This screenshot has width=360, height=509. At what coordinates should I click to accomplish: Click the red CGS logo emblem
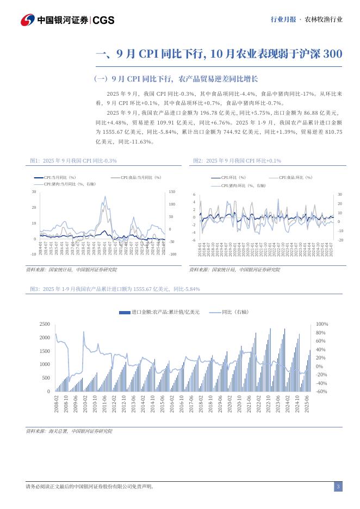[x=28, y=20]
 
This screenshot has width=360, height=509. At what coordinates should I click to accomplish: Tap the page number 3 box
[x=338, y=486]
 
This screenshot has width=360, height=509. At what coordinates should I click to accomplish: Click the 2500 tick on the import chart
[x=44, y=324]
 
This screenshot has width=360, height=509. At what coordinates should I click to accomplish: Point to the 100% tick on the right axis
[x=321, y=324]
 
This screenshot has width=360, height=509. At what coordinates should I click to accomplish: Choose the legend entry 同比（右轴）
[x=234, y=312]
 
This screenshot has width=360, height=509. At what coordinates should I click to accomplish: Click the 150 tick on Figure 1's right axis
[x=172, y=192]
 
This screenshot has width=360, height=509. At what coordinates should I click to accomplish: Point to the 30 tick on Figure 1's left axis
[x=34, y=192]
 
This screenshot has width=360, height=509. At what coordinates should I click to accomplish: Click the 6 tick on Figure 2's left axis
[x=194, y=195]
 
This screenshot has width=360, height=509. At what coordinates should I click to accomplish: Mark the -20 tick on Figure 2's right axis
[x=340, y=240]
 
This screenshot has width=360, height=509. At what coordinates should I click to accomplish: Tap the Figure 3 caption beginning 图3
[x=115, y=289]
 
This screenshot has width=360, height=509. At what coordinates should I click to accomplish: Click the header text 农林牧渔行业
[x=324, y=19]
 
